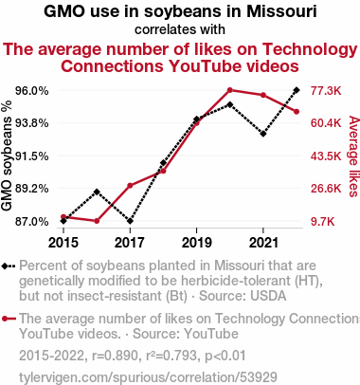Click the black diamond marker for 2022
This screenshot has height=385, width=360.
click(297, 90)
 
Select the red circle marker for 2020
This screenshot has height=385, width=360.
click(230, 90)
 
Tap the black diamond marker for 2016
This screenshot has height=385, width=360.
click(97, 192)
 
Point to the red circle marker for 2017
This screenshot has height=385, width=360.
click(130, 186)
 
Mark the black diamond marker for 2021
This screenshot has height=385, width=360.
click(263, 134)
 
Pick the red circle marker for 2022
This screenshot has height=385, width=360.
click(297, 112)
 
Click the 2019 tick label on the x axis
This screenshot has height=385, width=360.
click(197, 243)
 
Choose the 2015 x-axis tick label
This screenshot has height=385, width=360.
click(63, 243)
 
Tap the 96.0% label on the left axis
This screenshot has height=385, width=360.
click(32, 91)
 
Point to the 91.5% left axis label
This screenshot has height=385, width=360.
click(32, 156)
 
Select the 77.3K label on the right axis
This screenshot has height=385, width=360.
click(326, 91)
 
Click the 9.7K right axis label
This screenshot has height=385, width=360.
click(322, 222)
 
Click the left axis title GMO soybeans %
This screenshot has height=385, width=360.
click(7, 156)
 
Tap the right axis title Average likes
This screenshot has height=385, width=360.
click(354, 156)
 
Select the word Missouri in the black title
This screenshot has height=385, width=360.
click(281, 11)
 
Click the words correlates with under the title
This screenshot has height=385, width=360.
click(180, 29)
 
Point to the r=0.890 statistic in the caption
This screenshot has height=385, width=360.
click(115, 356)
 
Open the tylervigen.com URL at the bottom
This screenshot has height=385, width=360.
click(148, 377)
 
